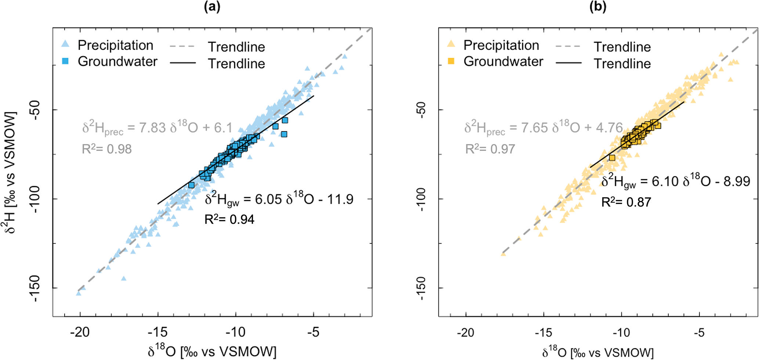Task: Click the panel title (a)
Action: pyautogui.click(x=212, y=7)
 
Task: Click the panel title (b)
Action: pyautogui.click(x=598, y=7)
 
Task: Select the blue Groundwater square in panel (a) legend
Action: pyautogui.click(x=65, y=61)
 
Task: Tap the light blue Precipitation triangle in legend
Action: pyautogui.click(x=65, y=44)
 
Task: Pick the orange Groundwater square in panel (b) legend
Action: pyautogui.click(x=451, y=61)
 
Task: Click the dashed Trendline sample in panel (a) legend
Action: pyautogui.click(x=182, y=47)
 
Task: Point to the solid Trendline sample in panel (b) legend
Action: pyautogui.click(x=568, y=63)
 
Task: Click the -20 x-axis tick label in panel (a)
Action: pyautogui.click(x=80, y=332)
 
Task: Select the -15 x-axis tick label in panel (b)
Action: pyautogui.click(x=543, y=333)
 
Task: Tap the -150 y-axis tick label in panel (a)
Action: pyautogui.click(x=39, y=288)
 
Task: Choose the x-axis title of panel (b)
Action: pyautogui.click(x=598, y=352)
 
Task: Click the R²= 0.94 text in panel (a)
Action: pyautogui.click(x=229, y=219)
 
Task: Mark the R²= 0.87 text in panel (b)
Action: pyautogui.click(x=626, y=202)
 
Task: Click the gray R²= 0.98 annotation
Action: pyautogui.click(x=106, y=149)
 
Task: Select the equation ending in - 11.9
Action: pyautogui.click(x=279, y=199)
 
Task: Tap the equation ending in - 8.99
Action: pyautogui.click(x=676, y=181)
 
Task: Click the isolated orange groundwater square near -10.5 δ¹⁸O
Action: pyautogui.click(x=612, y=158)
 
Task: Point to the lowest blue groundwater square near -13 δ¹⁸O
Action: pyautogui.click(x=191, y=185)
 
